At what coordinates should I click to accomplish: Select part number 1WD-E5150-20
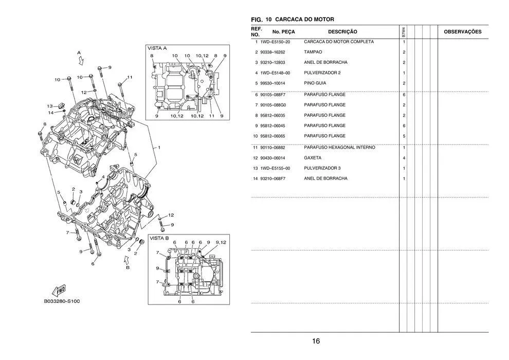pos(275,42)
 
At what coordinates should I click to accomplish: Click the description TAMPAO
pos(313,52)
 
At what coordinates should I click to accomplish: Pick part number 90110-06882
pos(275,148)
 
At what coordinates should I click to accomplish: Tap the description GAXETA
pos(313,158)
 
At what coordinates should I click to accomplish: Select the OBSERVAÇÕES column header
pos(462,32)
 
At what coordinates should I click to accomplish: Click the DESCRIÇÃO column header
pos(342,32)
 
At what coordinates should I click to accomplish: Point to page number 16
pos(316,341)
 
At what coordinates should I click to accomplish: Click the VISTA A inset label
pos(157,48)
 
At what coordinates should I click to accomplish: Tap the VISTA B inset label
pos(159,238)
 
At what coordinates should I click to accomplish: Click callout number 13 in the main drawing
pos(50,106)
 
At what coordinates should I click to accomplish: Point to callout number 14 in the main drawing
pos(50,112)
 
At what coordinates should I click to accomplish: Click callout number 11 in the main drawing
pos(130,77)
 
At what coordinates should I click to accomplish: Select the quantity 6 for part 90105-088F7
pos(404,95)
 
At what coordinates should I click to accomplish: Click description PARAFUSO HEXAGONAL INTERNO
pos(339,148)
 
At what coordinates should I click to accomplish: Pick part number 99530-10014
pos(275,83)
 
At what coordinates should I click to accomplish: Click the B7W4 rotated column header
pos(404,32)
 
